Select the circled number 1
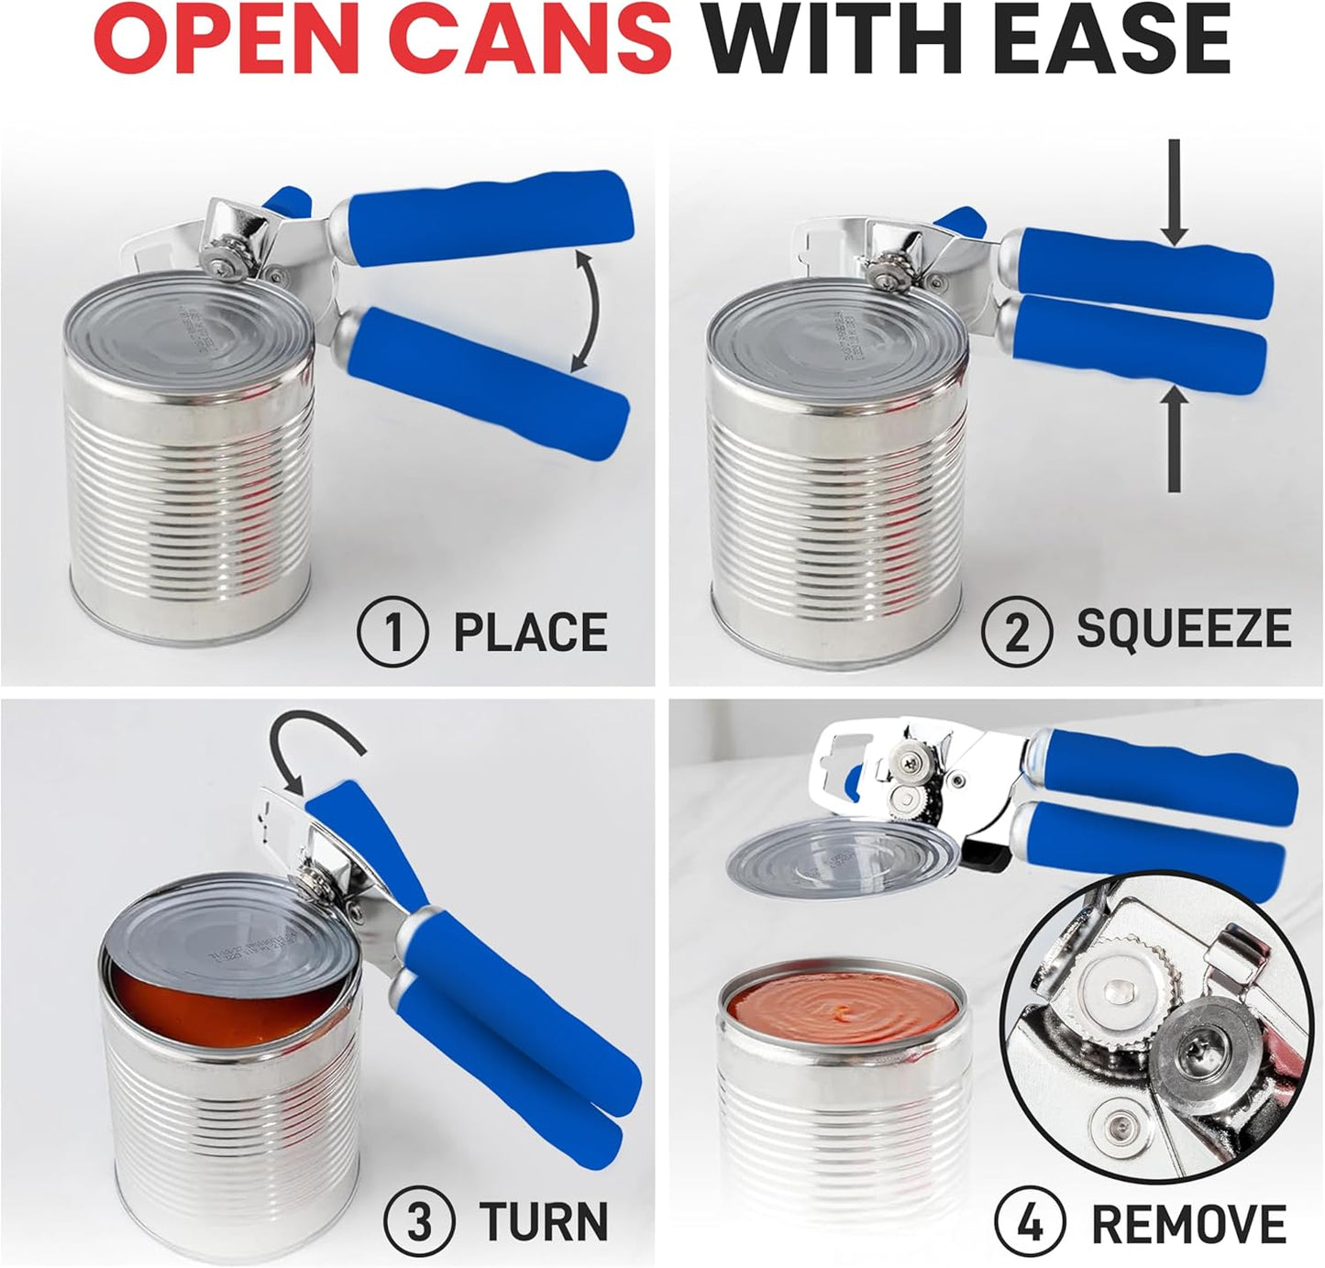click(x=392, y=632)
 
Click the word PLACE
click(x=530, y=632)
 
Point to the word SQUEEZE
click(x=1183, y=629)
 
